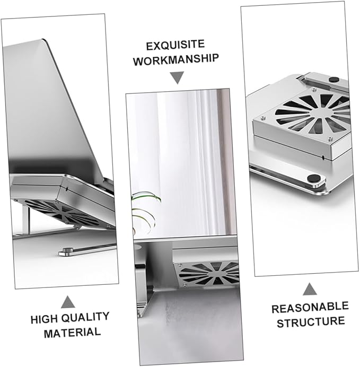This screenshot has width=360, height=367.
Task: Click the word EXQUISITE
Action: tap(175, 45)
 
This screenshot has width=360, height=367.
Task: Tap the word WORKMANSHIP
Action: tap(176, 60)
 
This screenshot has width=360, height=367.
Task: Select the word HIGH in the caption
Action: tap(44, 319)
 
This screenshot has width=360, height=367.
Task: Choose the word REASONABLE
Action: tap(310, 307)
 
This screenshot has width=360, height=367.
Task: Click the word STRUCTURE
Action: tap(311, 322)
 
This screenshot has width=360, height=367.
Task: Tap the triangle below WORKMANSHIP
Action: tap(177, 78)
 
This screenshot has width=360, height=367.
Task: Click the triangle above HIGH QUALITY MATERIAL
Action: tap(68, 302)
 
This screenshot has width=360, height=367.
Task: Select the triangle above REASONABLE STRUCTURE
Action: tap(310, 289)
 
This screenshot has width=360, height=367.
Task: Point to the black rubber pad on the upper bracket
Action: tap(334, 80)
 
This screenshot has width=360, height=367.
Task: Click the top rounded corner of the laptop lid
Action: tap(43, 40)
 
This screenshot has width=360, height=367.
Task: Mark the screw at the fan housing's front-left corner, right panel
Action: tap(263, 118)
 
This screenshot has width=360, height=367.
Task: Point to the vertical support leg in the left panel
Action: tap(26, 220)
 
